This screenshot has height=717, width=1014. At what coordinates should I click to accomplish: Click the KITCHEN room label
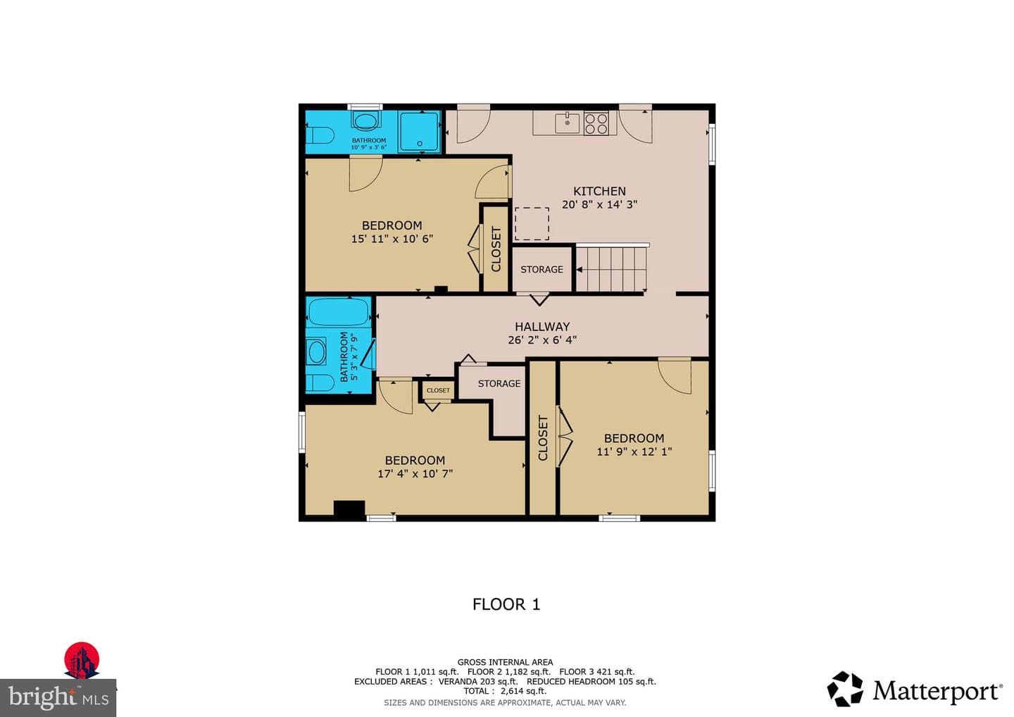pyautogui.click(x=599, y=191)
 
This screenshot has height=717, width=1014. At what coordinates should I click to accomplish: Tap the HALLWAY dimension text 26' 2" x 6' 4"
pyautogui.click(x=542, y=340)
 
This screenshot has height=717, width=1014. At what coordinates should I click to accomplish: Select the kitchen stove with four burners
pyautogui.click(x=596, y=123)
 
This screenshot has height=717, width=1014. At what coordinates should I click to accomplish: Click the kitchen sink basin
pyautogui.click(x=568, y=123)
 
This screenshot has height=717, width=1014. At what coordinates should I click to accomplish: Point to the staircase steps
pyautogui.click(x=611, y=269)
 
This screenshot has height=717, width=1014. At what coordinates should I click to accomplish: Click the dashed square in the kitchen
pyautogui.click(x=532, y=223)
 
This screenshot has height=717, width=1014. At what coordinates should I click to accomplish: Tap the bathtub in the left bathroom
pyautogui.click(x=338, y=311)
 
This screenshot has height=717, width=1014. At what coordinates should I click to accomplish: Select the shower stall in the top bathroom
pyautogui.click(x=419, y=131)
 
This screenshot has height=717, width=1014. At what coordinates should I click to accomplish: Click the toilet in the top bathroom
pyautogui.click(x=320, y=135)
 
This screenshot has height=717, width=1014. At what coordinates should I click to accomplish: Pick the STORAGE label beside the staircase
pyautogui.click(x=542, y=269)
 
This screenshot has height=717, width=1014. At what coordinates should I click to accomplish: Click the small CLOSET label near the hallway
pyautogui.click(x=438, y=390)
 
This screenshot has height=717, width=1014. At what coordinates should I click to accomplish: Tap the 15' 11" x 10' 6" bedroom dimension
pyautogui.click(x=392, y=239)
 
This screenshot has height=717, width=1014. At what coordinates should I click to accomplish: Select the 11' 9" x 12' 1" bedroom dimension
pyautogui.click(x=634, y=451)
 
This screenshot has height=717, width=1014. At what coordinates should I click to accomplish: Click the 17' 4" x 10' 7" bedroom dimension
pyautogui.click(x=415, y=473)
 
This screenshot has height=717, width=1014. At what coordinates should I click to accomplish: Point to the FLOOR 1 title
pyautogui.click(x=506, y=604)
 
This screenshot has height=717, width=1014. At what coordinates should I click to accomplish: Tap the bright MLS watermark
pyautogui.click(x=58, y=697)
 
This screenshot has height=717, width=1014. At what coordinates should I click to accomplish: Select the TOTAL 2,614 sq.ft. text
pyautogui.click(x=505, y=691)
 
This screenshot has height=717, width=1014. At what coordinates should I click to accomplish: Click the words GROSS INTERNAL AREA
pyautogui.click(x=505, y=662)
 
